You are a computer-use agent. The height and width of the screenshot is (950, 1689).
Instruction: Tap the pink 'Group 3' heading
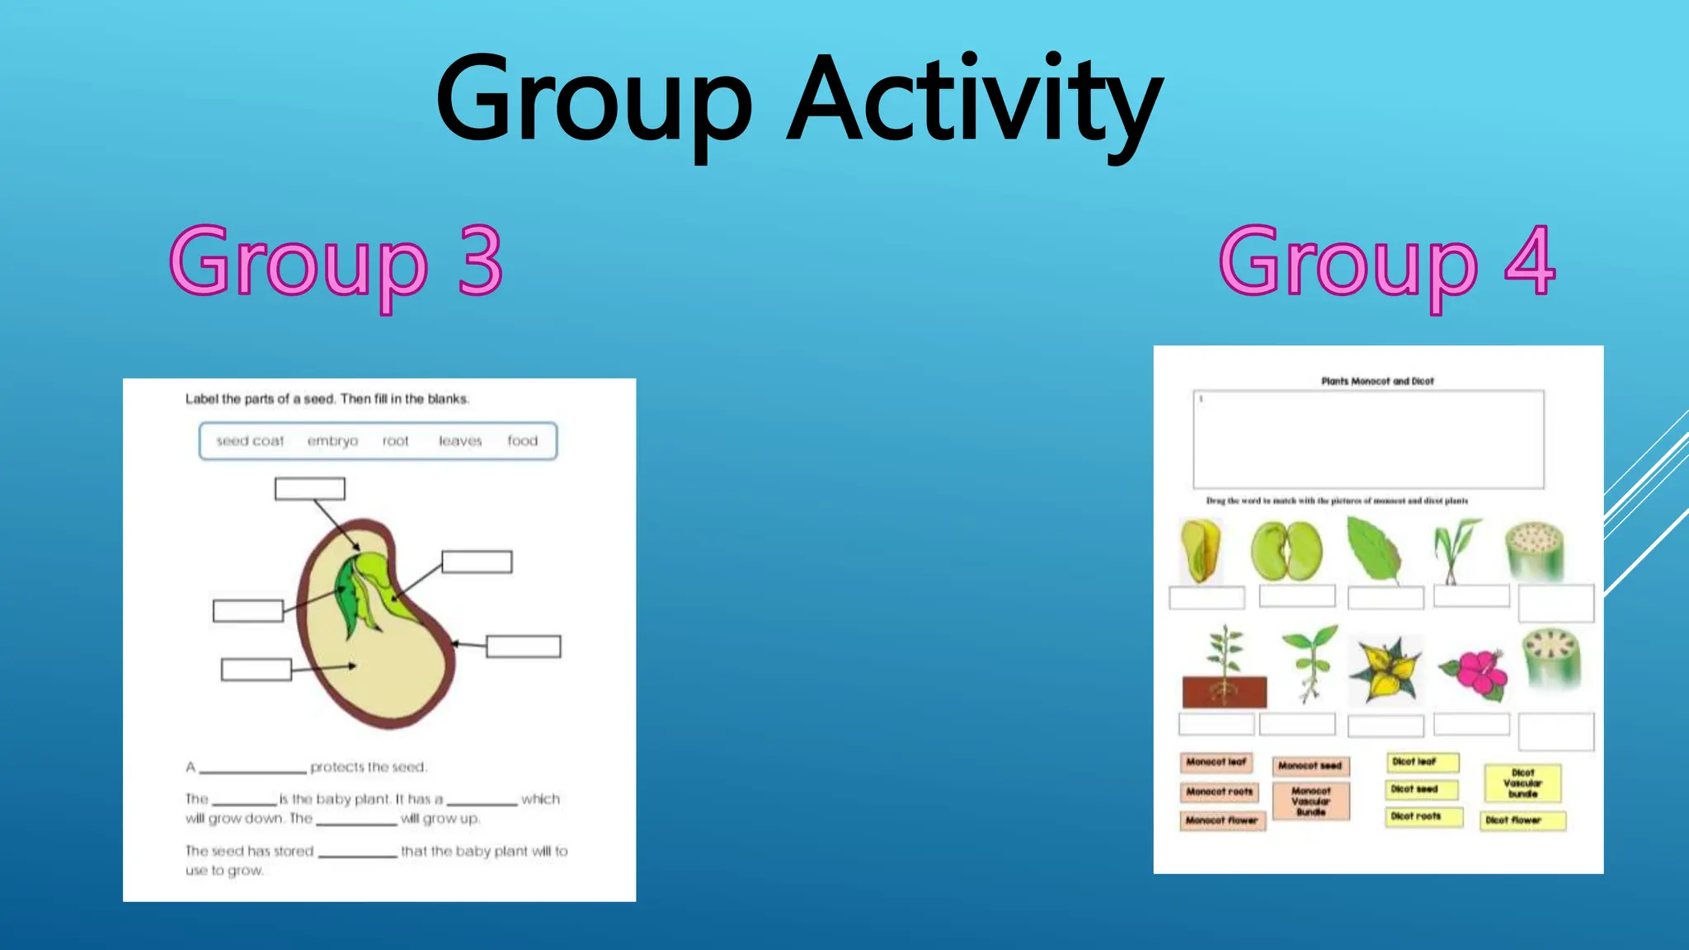(336, 262)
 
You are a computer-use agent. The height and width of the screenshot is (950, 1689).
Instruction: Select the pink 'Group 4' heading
(1387, 262)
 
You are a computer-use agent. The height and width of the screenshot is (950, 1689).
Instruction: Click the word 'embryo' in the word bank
(332, 441)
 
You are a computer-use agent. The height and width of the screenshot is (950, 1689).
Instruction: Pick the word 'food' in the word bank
(522, 441)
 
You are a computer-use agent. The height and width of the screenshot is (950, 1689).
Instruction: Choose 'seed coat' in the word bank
(250, 441)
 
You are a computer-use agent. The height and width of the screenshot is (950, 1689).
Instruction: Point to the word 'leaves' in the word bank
(459, 441)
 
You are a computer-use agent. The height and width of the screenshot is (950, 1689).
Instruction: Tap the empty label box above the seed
(310, 489)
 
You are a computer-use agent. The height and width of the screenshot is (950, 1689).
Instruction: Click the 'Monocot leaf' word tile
(1216, 762)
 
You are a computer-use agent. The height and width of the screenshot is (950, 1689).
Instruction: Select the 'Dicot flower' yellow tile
(1522, 821)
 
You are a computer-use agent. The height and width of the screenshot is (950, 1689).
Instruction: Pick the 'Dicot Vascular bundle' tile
(1522, 783)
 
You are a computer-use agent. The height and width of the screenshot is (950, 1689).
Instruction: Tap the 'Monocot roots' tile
(1219, 792)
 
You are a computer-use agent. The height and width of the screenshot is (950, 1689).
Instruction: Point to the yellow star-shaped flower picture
(1386, 670)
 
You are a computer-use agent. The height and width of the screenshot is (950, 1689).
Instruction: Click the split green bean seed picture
(1286, 550)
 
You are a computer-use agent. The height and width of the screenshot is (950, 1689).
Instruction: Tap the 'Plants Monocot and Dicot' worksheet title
(1377, 381)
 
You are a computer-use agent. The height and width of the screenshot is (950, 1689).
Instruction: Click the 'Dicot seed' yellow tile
(1422, 789)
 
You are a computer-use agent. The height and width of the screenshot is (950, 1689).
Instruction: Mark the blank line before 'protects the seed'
(252, 769)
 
